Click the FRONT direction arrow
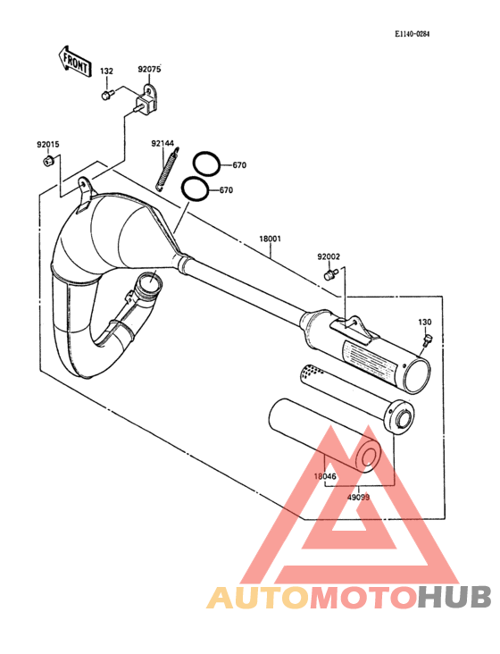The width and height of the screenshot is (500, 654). [x=74, y=62]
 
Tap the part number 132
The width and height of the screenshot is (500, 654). [x=106, y=71]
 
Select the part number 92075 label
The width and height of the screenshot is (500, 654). [x=149, y=69]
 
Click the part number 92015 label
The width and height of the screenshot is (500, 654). [x=48, y=145]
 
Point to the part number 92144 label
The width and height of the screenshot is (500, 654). [x=162, y=144]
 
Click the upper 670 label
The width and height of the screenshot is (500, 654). [x=239, y=165]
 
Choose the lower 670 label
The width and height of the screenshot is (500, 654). [x=226, y=190]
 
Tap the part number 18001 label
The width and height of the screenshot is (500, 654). [x=270, y=239]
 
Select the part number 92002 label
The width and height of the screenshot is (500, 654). [x=329, y=257]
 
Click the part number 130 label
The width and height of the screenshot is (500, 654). [x=425, y=322]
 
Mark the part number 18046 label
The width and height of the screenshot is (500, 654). [x=325, y=476]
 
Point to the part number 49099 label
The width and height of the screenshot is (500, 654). [x=358, y=497]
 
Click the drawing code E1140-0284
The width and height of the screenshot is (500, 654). [x=412, y=34]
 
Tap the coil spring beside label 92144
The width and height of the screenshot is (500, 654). [x=168, y=169]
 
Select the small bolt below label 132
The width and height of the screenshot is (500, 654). [x=107, y=95]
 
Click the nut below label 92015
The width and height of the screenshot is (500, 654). [x=47, y=160]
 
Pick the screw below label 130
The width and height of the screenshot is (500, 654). [x=428, y=340]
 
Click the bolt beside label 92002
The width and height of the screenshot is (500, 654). [x=329, y=274]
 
